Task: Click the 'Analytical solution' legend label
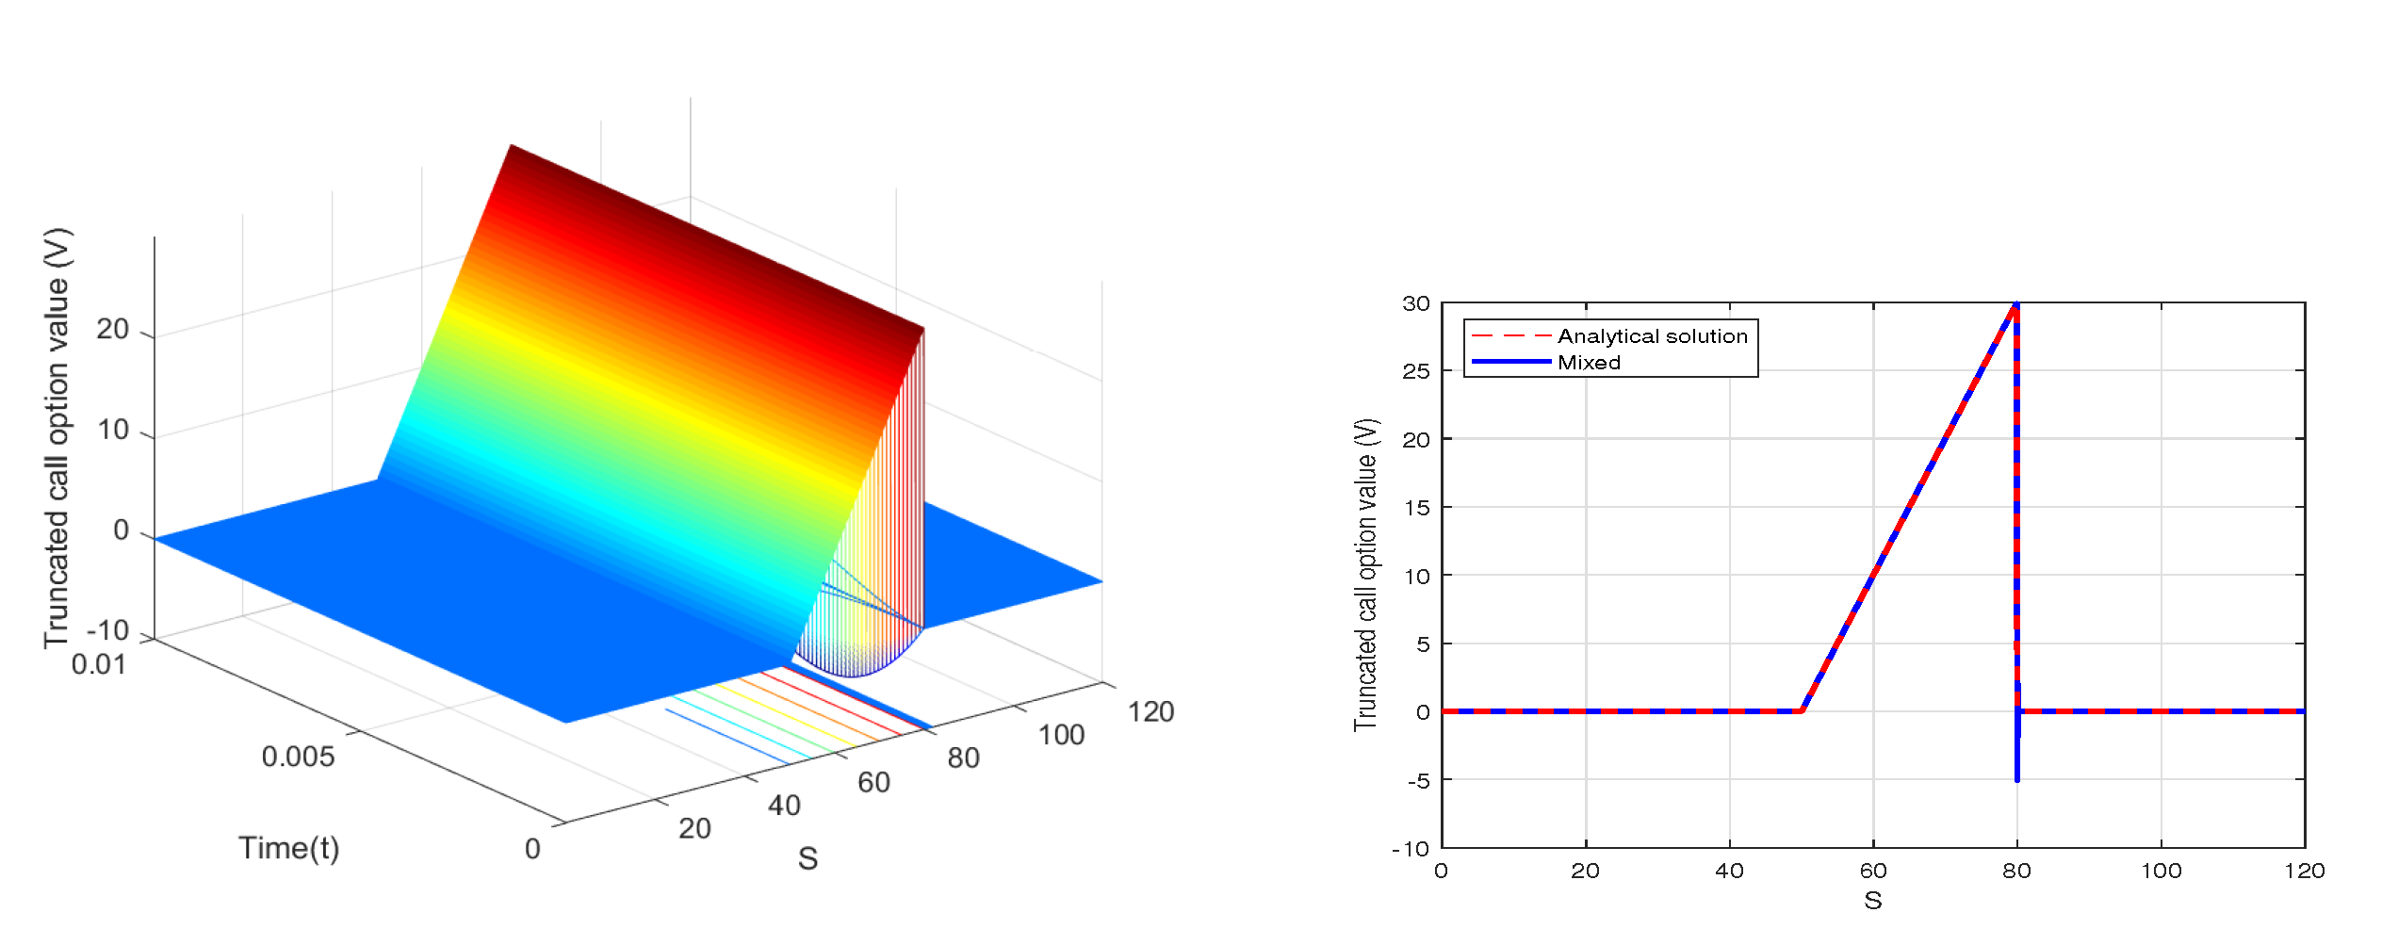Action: pyautogui.click(x=1652, y=336)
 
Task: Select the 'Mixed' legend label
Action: pyautogui.click(x=1589, y=363)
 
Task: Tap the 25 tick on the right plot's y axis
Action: pyautogui.click(x=1415, y=371)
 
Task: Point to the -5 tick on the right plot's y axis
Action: pyautogui.click(x=1418, y=780)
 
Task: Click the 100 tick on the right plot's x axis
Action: pyautogui.click(x=2161, y=871)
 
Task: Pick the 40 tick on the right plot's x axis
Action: pyautogui.click(x=1729, y=871)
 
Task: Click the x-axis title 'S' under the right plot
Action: pyautogui.click(x=1872, y=902)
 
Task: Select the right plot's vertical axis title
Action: pyautogui.click(x=1365, y=575)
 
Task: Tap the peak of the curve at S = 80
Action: pyautogui.click(x=2015, y=304)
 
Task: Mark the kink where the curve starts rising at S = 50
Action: pyautogui.click(x=1802, y=710)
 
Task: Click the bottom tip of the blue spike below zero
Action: pyautogui.click(x=2016, y=780)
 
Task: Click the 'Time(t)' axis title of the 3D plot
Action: pyautogui.click(x=288, y=848)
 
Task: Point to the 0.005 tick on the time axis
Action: pyautogui.click(x=298, y=757)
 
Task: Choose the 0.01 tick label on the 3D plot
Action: pyautogui.click(x=98, y=665)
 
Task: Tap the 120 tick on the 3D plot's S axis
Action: pyautogui.click(x=1150, y=712)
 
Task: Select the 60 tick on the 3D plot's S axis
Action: pyautogui.click(x=873, y=782)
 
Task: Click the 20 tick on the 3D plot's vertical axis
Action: pyautogui.click(x=112, y=330)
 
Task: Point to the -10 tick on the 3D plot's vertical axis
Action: pyautogui.click(x=106, y=630)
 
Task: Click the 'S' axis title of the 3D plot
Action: pyautogui.click(x=808, y=858)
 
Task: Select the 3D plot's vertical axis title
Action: pyautogui.click(x=57, y=438)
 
